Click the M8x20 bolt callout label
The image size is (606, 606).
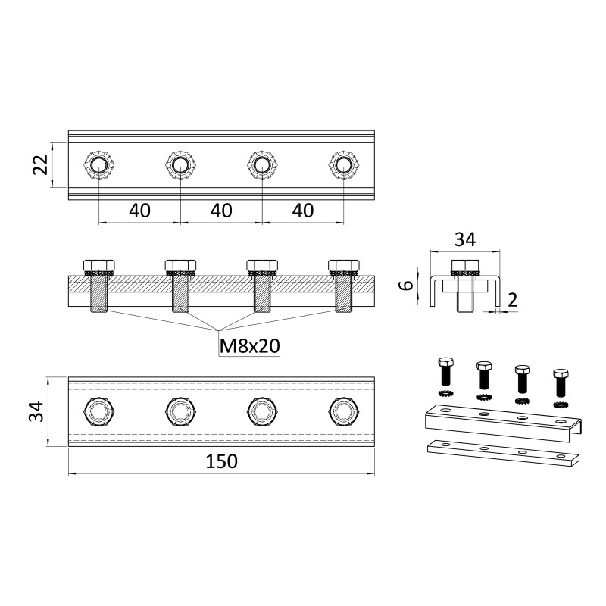(x=250, y=346)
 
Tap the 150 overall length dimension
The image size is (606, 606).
(x=221, y=461)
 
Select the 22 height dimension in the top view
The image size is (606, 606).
(x=40, y=165)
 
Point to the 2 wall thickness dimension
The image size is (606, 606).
(x=513, y=300)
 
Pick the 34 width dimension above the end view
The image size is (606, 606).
(x=465, y=239)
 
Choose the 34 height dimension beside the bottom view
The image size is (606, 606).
(x=37, y=411)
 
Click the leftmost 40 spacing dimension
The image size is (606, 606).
(x=140, y=211)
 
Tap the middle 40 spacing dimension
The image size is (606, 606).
(x=221, y=211)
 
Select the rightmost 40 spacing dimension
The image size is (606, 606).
(x=303, y=211)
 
